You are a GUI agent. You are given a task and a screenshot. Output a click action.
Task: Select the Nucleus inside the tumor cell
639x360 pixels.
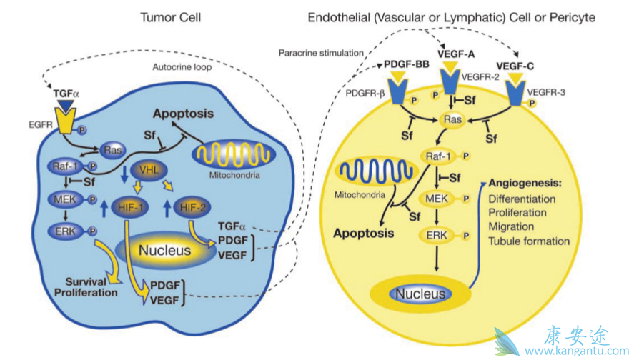pyautogui.click(x=165, y=251)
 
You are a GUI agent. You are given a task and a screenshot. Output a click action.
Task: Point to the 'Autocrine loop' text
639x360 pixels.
pyautogui.click(x=182, y=68)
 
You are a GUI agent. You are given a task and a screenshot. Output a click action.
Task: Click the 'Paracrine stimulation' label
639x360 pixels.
pyautogui.click(x=321, y=53)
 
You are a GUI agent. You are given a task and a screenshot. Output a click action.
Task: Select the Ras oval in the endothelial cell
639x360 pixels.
pyautogui.click(x=452, y=120)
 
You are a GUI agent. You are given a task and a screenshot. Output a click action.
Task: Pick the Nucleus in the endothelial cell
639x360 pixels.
pyautogui.click(x=422, y=293)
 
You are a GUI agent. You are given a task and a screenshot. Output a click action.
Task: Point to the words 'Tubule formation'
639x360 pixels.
pyautogui.click(x=529, y=241)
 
